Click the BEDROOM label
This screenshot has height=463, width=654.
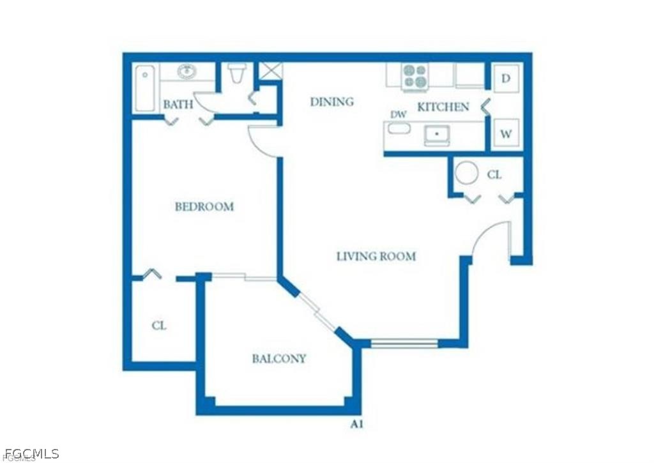204,207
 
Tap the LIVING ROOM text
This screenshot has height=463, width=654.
376,257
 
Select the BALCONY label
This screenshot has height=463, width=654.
279,359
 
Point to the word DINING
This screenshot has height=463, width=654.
331,102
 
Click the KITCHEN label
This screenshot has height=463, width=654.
443,107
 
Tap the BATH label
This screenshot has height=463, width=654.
178,105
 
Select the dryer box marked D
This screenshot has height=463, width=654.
506,79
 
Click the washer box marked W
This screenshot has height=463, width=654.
506,134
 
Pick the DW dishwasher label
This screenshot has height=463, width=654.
399,115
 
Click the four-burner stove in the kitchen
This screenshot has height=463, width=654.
414,77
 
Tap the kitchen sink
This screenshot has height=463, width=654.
437,135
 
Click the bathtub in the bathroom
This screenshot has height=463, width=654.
145,88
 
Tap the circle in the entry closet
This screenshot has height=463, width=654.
466,172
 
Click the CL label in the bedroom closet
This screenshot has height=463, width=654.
159,326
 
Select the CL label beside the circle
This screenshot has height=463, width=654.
494,174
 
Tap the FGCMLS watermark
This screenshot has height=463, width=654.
30,454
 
